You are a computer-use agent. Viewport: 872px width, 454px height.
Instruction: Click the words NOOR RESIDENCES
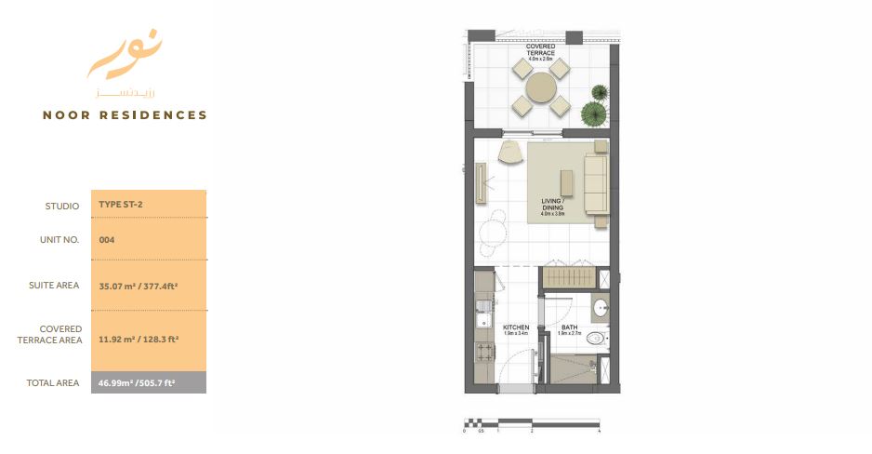pos(125,115)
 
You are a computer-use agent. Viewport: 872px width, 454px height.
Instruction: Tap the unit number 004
pos(106,239)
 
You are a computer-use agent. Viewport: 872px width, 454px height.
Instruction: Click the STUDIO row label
pos(62,206)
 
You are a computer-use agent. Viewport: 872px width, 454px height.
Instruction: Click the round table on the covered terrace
pos(541,88)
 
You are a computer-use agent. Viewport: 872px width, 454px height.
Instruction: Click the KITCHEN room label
pos(516,328)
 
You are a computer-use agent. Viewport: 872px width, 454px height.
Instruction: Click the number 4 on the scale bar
pos(600,431)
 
